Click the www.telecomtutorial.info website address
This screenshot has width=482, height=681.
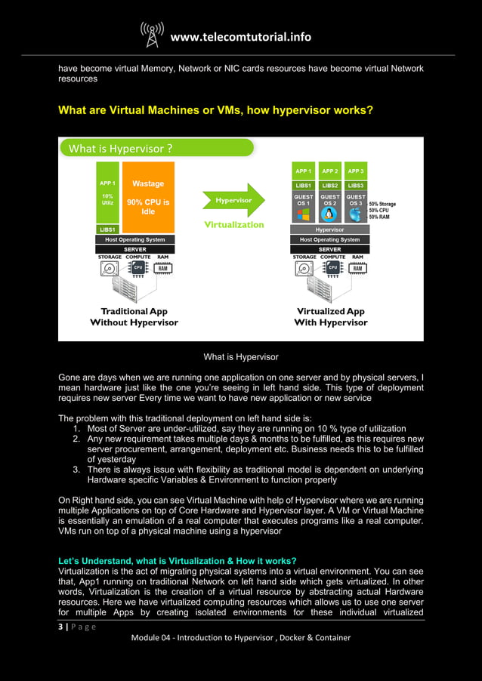[240, 37]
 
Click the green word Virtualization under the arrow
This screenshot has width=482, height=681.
[234, 224]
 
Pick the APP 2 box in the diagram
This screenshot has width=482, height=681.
[330, 171]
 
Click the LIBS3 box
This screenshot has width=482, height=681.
[356, 185]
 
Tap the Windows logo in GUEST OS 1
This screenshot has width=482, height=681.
[304, 214]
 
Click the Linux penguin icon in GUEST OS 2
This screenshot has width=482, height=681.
[330, 214]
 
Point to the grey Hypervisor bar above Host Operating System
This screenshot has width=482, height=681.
[329, 230]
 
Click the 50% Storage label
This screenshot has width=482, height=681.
[382, 204]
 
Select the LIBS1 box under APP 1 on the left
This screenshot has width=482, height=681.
[107, 230]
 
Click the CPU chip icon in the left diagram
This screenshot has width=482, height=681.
[138, 267]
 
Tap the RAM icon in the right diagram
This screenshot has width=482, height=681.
[358, 268]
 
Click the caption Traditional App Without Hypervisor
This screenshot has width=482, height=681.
[134, 317]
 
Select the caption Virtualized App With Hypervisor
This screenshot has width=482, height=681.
[330, 317]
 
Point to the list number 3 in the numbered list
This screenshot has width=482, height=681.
[77, 470]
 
